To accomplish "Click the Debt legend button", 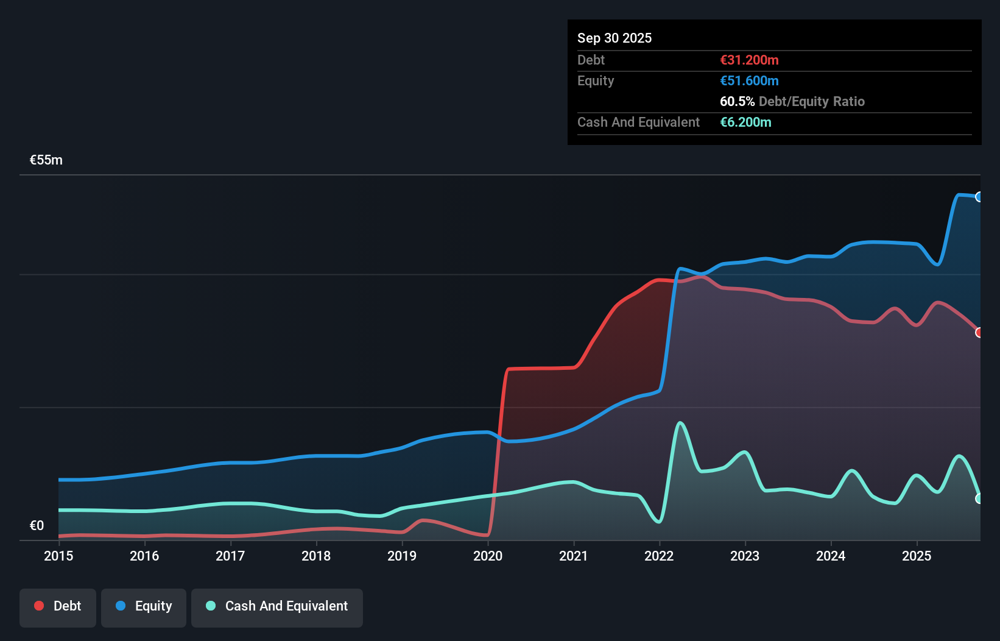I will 58,606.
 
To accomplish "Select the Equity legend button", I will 144,606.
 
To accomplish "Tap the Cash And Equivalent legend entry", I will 277,606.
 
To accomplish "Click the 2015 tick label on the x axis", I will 58,556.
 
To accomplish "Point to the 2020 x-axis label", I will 488,556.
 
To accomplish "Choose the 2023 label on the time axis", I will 745,556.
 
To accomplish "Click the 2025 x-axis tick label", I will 917,556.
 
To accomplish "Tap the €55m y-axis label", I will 46,160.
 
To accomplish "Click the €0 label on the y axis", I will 37,525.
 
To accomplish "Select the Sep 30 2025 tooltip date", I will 614,38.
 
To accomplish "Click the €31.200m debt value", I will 749,60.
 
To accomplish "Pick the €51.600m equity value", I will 749,80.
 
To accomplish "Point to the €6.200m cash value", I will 745,122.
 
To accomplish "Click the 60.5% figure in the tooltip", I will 737,101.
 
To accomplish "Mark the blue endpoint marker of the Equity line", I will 979,197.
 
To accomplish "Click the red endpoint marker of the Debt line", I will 979,333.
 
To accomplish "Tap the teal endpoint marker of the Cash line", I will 979,498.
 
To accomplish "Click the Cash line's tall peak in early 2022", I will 680,423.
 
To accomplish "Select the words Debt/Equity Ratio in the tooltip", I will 811,101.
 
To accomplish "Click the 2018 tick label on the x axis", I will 316,556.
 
